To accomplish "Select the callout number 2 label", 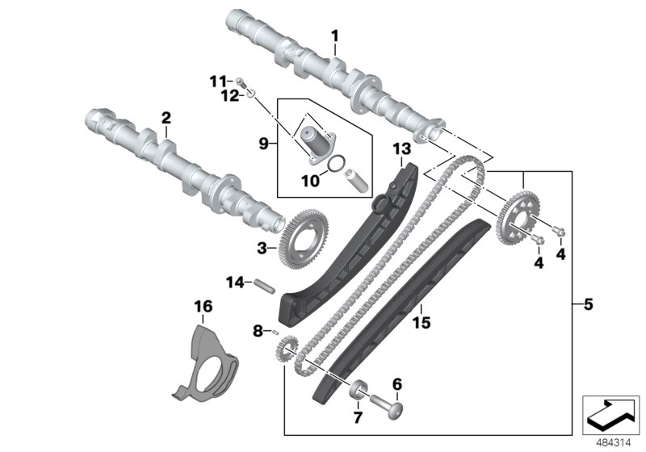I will click(x=166, y=119).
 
